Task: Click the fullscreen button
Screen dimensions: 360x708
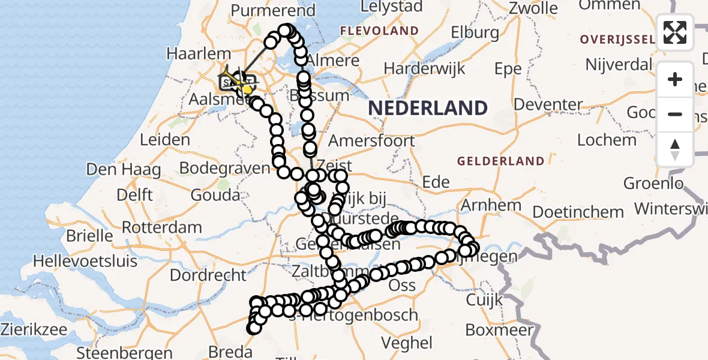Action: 675,32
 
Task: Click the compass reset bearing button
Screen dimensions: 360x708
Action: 675,149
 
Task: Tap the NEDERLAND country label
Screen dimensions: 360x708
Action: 428,108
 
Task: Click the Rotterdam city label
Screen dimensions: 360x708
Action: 161,227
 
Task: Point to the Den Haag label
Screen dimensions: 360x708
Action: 123,169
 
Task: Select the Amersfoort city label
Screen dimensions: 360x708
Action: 371,141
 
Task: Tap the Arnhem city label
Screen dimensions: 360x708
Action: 491,205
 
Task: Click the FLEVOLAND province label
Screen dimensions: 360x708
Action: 379,31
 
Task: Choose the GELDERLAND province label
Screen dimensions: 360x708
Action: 500,161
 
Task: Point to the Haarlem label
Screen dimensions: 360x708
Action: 190,53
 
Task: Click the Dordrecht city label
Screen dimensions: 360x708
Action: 208,275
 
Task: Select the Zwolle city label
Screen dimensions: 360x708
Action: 533,8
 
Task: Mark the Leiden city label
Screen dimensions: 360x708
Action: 164,140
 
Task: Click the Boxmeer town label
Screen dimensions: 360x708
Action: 499,331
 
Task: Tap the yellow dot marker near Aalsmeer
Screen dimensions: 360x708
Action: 247,89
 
